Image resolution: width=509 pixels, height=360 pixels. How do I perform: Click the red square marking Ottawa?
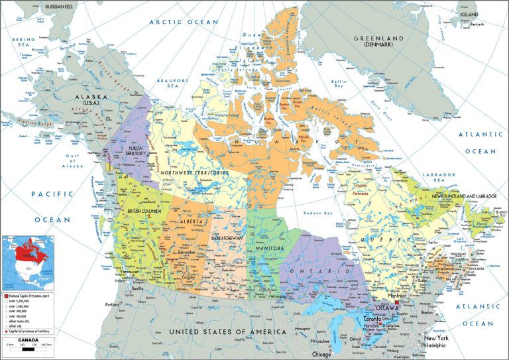(x=397, y=302)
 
